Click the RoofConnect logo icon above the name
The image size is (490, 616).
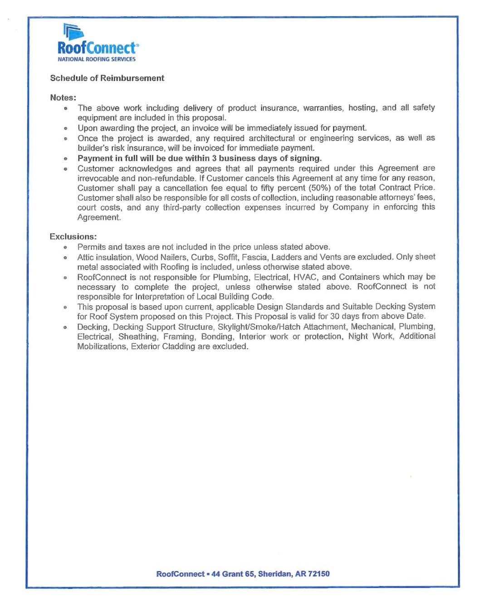coord(73,32)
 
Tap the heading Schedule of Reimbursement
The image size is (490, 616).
coord(107,78)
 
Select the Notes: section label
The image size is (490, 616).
coord(63,98)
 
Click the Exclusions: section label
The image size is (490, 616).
coord(73,236)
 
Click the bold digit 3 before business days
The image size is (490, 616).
coord(214,158)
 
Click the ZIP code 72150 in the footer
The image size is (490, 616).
coord(319,574)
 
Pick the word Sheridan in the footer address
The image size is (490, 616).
coord(275,574)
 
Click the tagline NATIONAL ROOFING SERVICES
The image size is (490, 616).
coord(96,59)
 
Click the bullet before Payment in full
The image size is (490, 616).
coord(66,159)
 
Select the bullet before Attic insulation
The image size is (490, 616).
coord(66,258)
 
